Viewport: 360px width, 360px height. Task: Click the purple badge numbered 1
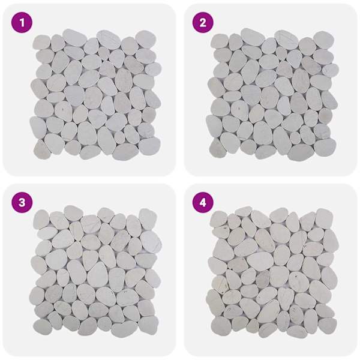point(22,23)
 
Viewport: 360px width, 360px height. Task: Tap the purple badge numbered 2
point(203,23)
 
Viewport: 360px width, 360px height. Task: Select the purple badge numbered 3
point(22,203)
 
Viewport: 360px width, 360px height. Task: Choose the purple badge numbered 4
point(203,203)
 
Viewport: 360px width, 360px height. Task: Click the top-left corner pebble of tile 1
point(41,42)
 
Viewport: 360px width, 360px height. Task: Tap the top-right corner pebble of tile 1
point(146,39)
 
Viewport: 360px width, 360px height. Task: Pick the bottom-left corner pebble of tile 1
point(42,149)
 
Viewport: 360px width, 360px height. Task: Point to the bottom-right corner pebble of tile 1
point(149,146)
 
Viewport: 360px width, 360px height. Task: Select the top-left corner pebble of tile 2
point(220,41)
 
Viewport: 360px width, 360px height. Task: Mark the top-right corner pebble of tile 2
point(323,40)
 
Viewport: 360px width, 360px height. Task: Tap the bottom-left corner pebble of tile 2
point(218,148)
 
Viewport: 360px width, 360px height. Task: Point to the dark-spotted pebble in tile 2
point(239,107)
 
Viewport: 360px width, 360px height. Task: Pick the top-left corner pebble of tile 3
point(41,220)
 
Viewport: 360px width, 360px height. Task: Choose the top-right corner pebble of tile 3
point(148,219)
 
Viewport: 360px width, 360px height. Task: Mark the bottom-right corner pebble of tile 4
point(328,326)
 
